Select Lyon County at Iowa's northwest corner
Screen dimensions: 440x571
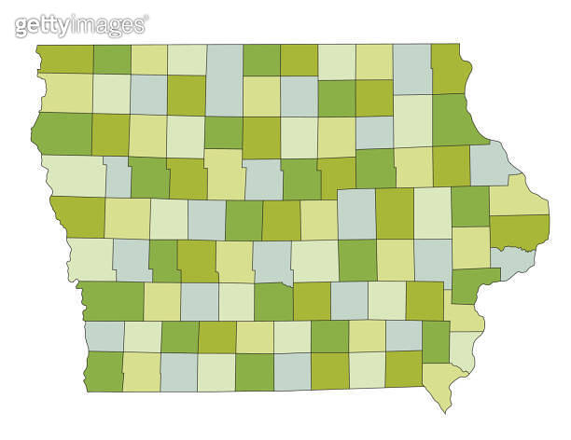tap(65, 58)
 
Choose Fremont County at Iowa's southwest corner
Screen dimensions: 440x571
tap(104, 371)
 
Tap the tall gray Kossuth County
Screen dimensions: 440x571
tap(224, 79)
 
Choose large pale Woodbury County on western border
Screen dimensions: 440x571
tap(73, 175)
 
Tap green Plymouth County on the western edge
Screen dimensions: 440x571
tap(62, 133)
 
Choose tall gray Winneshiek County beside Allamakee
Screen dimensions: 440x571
tap(411, 68)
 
